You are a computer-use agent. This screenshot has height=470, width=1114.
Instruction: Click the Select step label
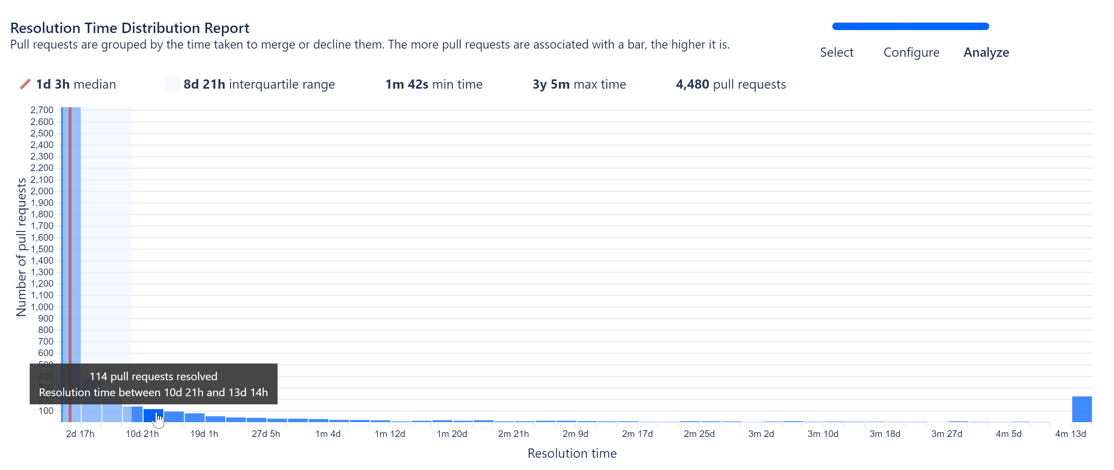click(x=836, y=52)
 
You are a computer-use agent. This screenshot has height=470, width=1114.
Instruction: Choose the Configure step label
click(x=911, y=52)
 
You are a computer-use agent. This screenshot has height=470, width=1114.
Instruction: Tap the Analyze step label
click(x=986, y=52)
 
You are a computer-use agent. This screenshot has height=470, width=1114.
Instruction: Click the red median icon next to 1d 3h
click(x=25, y=84)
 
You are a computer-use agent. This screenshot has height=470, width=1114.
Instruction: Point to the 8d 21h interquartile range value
click(x=204, y=84)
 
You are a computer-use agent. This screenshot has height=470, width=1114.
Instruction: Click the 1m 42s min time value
click(x=406, y=84)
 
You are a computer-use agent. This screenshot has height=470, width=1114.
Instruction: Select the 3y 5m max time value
click(x=551, y=84)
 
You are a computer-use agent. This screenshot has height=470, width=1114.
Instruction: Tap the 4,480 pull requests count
click(x=692, y=84)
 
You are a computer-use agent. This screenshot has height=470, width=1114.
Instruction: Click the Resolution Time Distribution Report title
click(x=130, y=28)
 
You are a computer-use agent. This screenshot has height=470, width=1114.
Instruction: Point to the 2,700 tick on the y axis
click(x=42, y=110)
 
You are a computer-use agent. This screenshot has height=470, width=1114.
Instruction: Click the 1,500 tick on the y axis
click(x=42, y=249)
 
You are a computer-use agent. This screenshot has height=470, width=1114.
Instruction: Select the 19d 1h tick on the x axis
click(x=204, y=434)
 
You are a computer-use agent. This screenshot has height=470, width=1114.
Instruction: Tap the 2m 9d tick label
click(x=575, y=434)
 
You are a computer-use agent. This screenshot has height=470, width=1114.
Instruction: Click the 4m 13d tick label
click(x=1070, y=434)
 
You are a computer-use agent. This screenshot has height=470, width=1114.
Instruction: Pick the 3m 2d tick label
click(x=761, y=434)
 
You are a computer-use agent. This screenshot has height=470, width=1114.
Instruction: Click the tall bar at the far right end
click(x=1082, y=409)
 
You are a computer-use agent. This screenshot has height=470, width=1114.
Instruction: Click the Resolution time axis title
click(x=572, y=453)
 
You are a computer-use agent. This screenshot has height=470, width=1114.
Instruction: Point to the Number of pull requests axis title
click(x=21, y=247)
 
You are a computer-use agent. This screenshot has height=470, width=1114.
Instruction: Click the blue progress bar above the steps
click(x=910, y=26)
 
